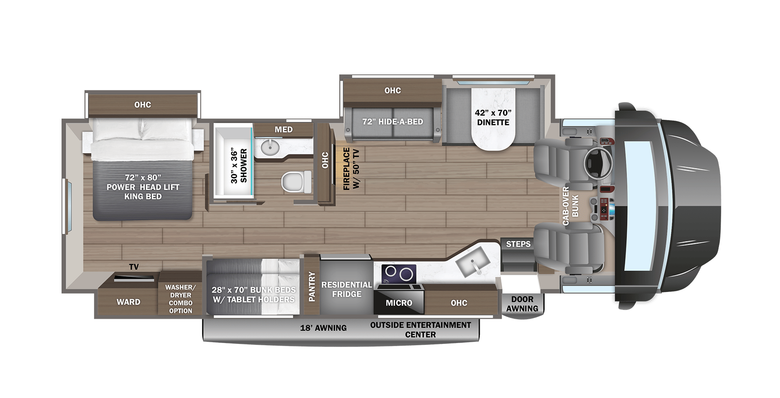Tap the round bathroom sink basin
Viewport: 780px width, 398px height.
click(x=270, y=147)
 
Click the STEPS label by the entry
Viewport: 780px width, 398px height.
click(x=518, y=244)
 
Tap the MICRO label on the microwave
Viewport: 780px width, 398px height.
click(x=399, y=303)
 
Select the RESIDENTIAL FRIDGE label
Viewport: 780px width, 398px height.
click(x=346, y=289)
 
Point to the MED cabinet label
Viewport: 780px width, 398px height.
click(x=283, y=129)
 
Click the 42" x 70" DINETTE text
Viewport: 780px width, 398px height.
click(x=493, y=117)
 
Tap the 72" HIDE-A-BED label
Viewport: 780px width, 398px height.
click(x=393, y=122)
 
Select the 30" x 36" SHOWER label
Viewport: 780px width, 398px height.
click(x=239, y=166)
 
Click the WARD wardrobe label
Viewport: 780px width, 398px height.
click(x=128, y=302)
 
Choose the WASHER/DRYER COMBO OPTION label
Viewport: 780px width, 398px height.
click(x=180, y=299)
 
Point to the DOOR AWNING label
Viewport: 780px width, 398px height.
click(x=522, y=304)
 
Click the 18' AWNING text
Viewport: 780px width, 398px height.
click(x=323, y=328)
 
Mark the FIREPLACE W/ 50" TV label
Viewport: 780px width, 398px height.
click(x=351, y=169)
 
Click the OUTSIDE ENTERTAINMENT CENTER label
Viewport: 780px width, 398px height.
click(x=420, y=330)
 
